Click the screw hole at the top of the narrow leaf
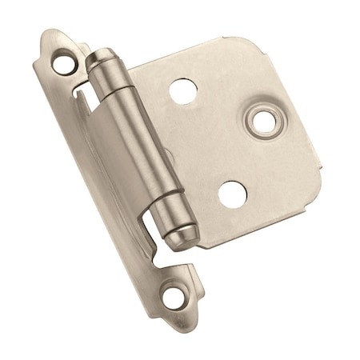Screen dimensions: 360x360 coord(62,58)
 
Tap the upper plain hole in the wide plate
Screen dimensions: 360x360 coord(182,90)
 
